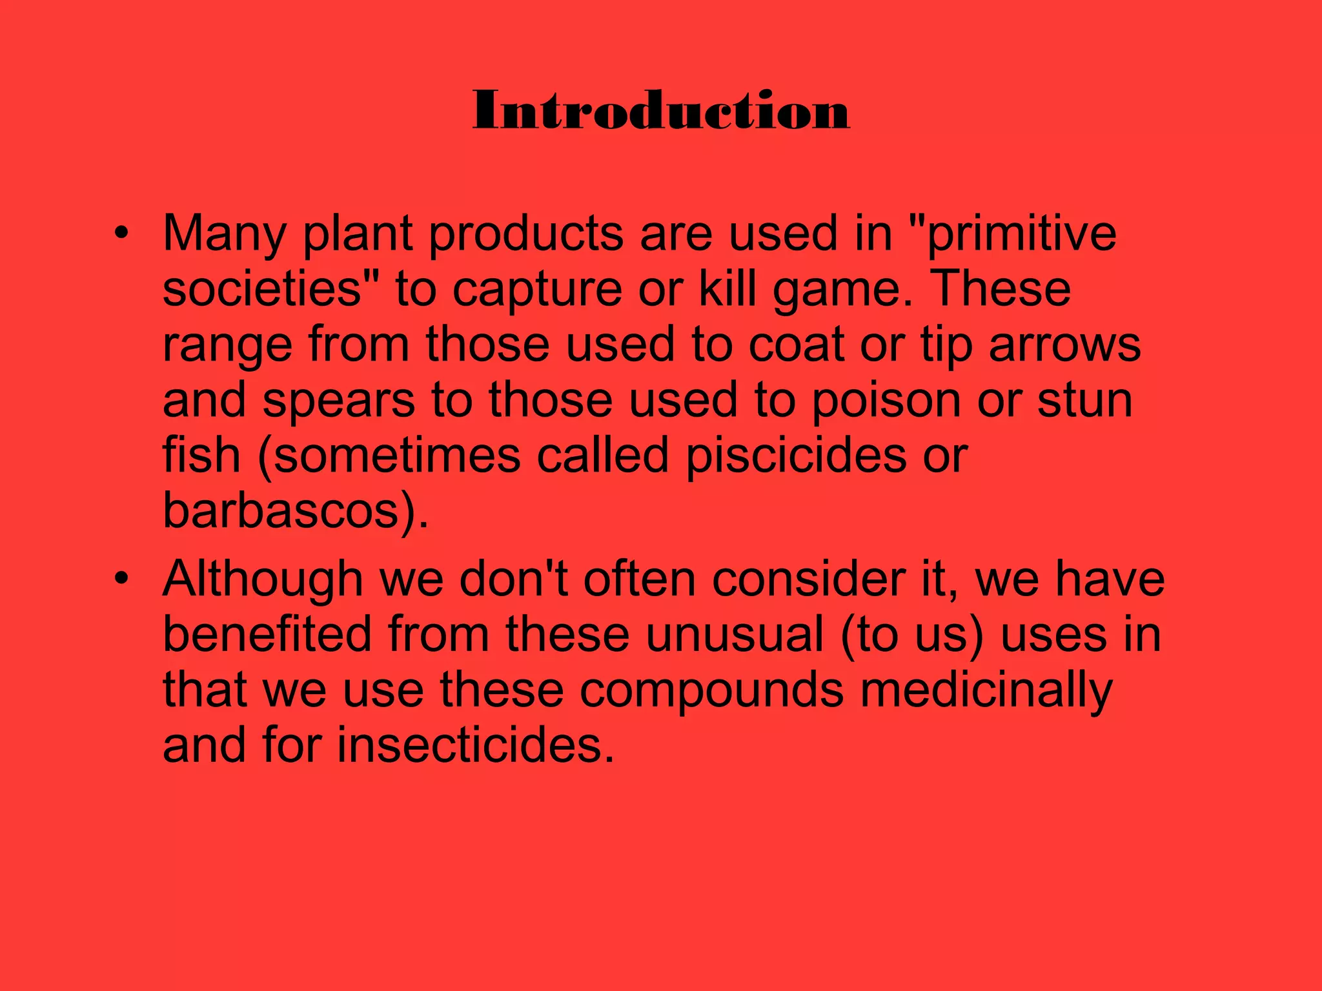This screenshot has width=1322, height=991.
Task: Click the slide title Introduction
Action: pos(661,111)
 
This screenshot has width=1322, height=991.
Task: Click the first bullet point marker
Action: pos(121,234)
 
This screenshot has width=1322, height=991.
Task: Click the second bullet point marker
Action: pos(121,579)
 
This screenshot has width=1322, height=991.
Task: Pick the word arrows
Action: pos(1064,344)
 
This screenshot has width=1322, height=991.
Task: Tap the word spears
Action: pos(338,400)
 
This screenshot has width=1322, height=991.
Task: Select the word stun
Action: pos(1084,400)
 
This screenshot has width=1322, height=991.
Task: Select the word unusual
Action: pos(735,634)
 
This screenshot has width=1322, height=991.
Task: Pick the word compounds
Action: pos(711,690)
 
